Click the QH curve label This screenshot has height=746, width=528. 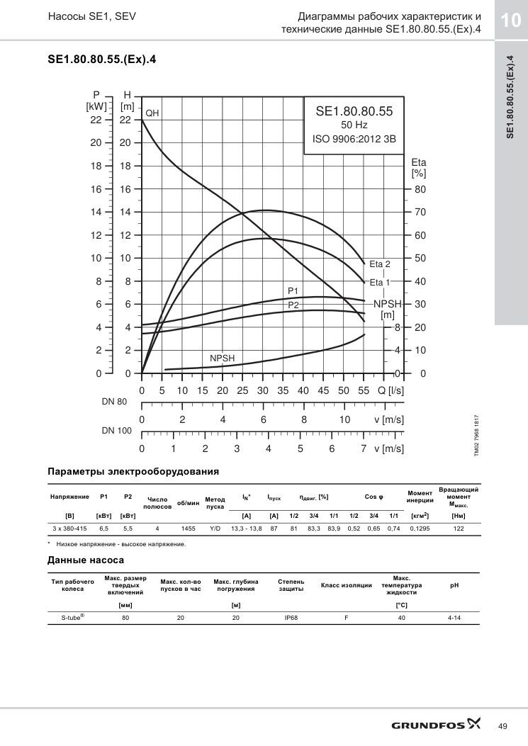(x=152, y=113)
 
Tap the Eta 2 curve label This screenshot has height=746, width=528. (x=379, y=264)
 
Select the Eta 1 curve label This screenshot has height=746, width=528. (x=379, y=283)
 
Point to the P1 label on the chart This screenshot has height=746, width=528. (x=293, y=290)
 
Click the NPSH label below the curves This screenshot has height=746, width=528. (x=223, y=358)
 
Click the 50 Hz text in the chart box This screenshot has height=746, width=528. (x=354, y=125)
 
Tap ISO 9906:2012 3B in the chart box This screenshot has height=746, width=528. (x=354, y=140)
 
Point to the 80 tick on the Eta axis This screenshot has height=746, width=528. (x=420, y=189)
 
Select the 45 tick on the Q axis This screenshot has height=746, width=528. (x=323, y=390)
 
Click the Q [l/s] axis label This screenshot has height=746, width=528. (x=391, y=390)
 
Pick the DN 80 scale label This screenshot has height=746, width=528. (x=114, y=402)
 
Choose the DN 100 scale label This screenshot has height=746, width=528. (x=117, y=431)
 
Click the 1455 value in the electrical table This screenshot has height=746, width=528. (x=188, y=529)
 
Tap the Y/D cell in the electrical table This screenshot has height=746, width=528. (x=215, y=529)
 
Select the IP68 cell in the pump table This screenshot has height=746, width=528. (x=291, y=618)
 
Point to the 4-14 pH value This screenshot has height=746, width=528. (x=454, y=618)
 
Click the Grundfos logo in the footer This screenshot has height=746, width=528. (x=436, y=725)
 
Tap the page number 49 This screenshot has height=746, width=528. (x=502, y=726)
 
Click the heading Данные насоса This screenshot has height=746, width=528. (x=86, y=560)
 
